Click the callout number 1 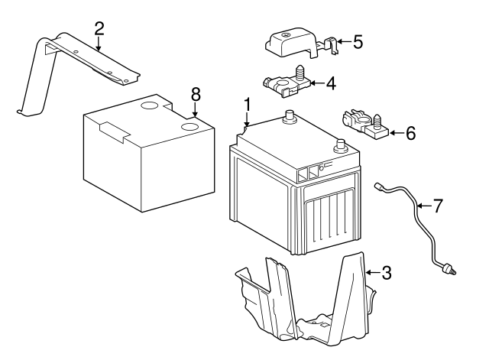(247, 103)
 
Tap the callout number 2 (99, 29)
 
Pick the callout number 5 (357, 41)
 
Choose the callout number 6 (410, 134)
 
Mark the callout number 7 (437, 205)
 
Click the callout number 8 (196, 94)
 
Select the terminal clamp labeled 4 (283, 84)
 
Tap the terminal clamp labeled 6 (363, 125)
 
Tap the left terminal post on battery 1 (290, 118)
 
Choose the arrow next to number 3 (371, 271)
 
